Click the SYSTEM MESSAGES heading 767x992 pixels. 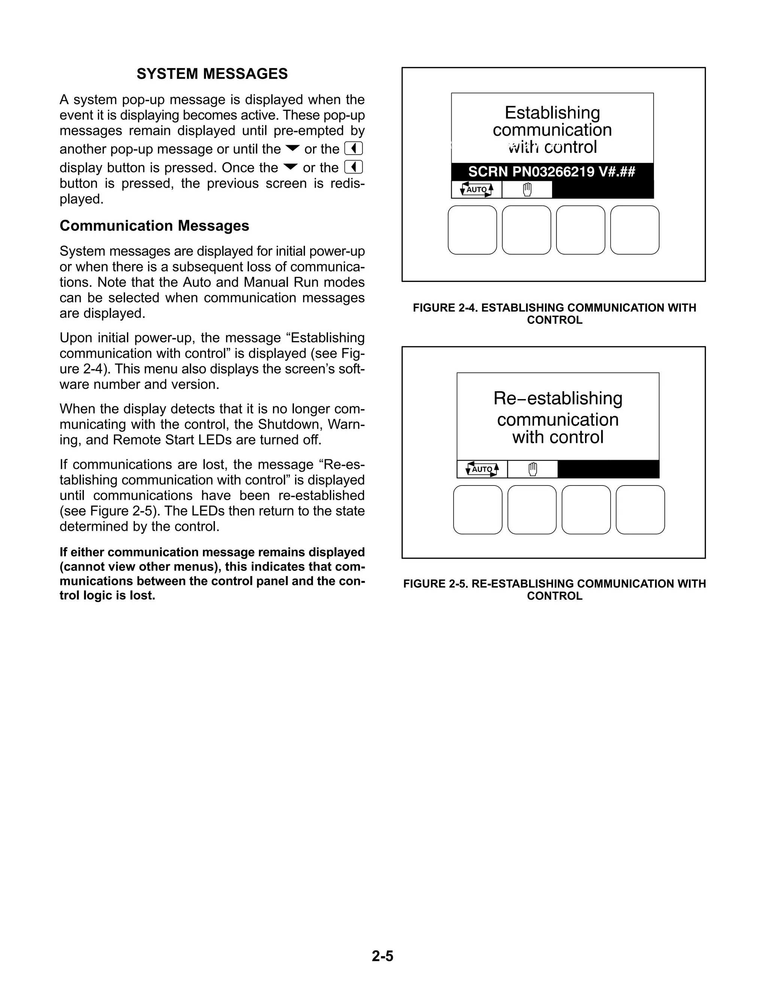click(212, 74)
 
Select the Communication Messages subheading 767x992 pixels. click(155, 226)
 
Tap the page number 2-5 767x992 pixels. click(383, 956)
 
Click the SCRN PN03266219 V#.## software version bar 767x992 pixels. click(552, 172)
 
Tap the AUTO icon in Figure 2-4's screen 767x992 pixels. click(477, 189)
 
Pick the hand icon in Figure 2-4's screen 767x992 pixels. click(527, 189)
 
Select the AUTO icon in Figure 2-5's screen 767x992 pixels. click(482, 469)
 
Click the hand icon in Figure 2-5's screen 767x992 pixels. click(533, 469)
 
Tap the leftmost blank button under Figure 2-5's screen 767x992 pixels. click(478, 509)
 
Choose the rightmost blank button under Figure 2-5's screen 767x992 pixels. click(640, 509)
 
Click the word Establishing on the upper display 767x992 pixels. click(552, 113)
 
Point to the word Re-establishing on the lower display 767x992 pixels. click(558, 398)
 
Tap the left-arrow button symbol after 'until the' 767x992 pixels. click(354, 149)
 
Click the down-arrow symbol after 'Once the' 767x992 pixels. click(290, 167)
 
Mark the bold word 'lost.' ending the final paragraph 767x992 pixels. click(142, 596)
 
